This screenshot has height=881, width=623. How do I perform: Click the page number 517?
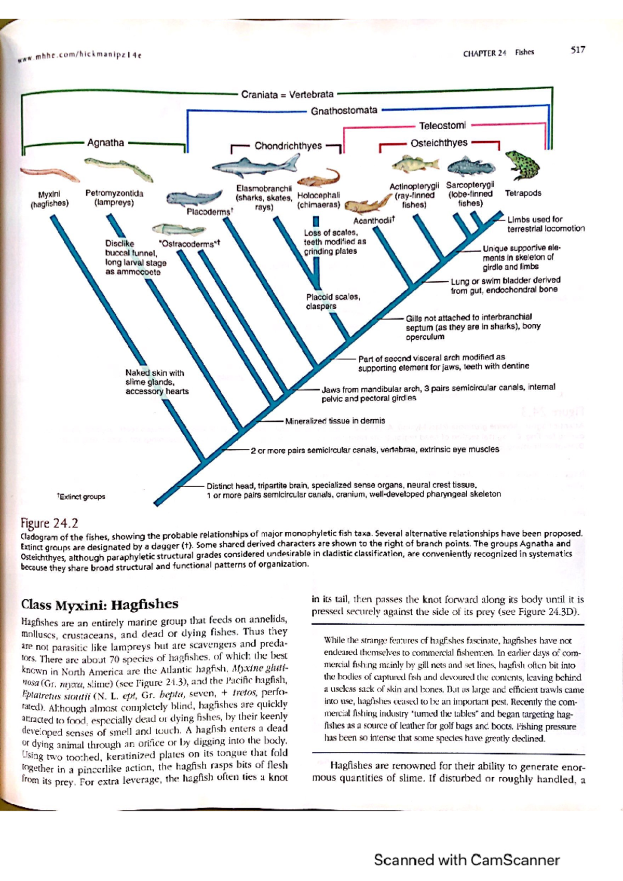[577, 50]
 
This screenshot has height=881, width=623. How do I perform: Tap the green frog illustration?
[522, 165]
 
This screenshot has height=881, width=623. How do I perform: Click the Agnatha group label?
[105, 143]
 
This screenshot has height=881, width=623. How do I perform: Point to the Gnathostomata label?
[344, 111]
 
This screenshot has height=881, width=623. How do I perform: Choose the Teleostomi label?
[442, 126]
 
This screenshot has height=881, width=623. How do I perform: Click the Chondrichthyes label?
[288, 146]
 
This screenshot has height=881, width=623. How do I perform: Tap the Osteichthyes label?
[439, 143]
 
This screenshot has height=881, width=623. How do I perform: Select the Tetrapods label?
[523, 193]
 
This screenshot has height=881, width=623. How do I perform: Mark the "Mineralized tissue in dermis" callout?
[335, 421]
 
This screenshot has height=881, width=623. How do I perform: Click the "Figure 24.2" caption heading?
[49, 522]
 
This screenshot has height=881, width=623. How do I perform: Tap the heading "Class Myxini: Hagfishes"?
[99, 604]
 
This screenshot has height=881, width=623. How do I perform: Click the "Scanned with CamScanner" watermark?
[466, 860]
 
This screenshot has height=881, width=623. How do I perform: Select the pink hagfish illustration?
[49, 174]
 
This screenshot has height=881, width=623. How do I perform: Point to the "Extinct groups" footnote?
[81, 497]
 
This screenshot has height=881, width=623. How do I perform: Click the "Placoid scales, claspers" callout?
[332, 301]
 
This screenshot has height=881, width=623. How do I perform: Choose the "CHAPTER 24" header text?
[484, 52]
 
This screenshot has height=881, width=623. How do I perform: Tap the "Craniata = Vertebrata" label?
[287, 94]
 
